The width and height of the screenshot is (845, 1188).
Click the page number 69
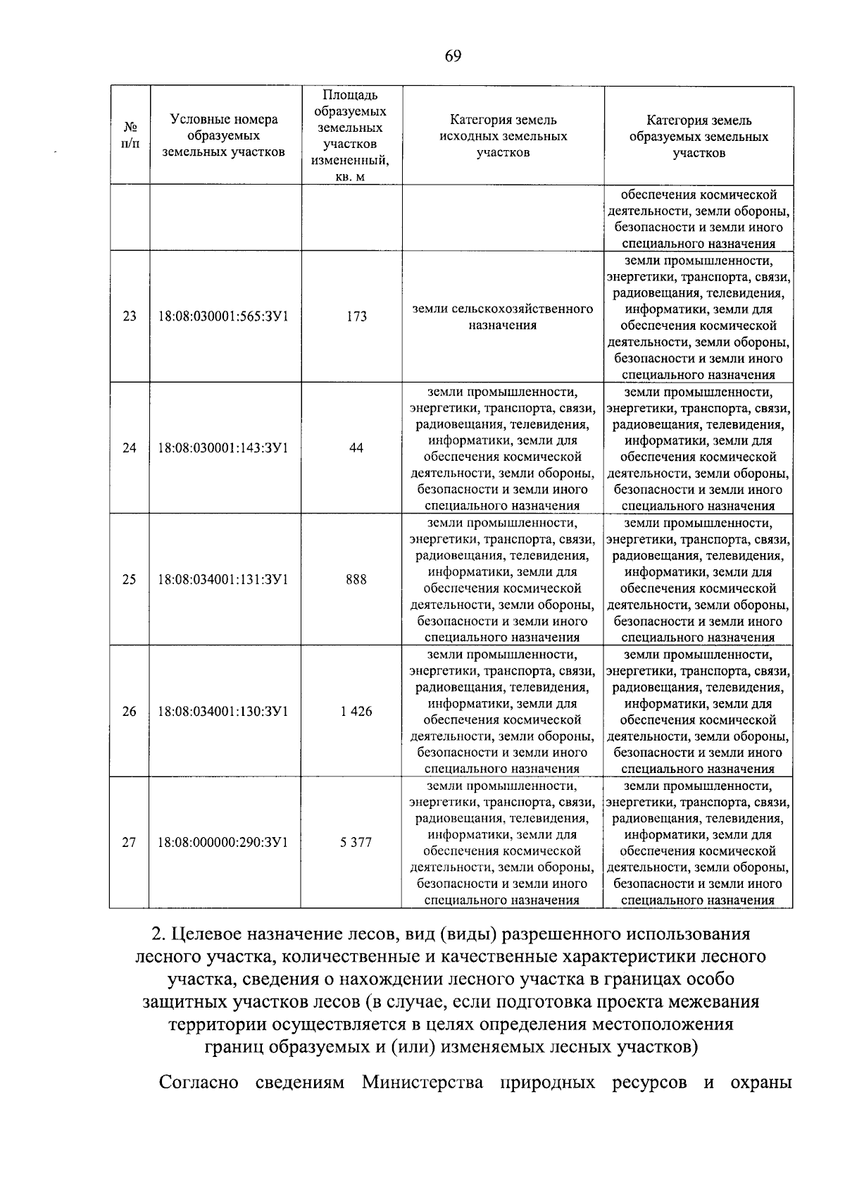[x=453, y=57]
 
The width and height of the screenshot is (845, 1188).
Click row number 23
[x=130, y=316]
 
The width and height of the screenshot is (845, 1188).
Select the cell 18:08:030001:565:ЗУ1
[x=223, y=316]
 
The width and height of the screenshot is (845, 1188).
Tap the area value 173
[x=356, y=316]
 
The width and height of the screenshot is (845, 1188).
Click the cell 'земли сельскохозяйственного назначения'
[x=502, y=317]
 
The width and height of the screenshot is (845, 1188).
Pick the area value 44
[x=356, y=448]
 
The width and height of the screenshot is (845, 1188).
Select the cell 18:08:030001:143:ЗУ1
[x=223, y=448]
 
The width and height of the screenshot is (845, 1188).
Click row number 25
[x=130, y=580]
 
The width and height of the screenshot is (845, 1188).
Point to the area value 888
[x=356, y=580]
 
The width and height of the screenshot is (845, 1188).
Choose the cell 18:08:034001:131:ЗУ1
[x=223, y=580]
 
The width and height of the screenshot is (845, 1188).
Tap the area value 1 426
[x=356, y=712]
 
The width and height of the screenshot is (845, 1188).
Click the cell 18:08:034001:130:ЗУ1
[x=223, y=712]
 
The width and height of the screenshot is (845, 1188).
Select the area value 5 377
[x=356, y=843]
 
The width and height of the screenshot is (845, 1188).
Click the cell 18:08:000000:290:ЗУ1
[x=223, y=843]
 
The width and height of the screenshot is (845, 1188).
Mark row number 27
[x=130, y=843]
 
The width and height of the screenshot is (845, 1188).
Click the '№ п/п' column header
[x=130, y=136]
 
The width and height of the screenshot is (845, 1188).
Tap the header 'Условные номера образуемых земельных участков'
[x=224, y=136]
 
